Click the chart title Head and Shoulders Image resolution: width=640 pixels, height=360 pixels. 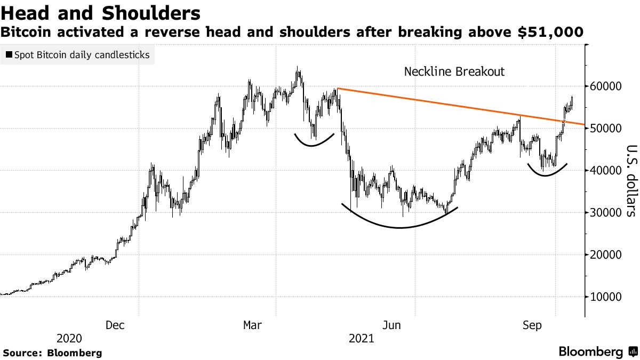coord(101,13)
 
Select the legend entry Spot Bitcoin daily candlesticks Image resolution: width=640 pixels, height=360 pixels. coord(78,54)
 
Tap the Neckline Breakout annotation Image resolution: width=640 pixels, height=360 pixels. coord(454,71)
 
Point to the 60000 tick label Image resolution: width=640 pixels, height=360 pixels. coord(608,86)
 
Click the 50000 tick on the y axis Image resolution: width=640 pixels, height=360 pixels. coord(608,129)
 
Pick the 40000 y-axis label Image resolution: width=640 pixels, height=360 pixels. coord(608,171)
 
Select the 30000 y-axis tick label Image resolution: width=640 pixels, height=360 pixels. coord(608,213)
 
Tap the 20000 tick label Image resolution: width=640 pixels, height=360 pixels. coord(608,255)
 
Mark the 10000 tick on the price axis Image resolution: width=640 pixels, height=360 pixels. coord(608,297)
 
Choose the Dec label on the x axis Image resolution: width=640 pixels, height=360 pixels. coord(116,325)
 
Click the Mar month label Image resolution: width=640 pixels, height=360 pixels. coord(253,325)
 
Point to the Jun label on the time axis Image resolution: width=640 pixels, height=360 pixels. coord(391,325)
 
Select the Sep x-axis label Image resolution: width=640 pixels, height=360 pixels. coord(532,325)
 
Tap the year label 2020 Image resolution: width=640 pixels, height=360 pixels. coord(69,339)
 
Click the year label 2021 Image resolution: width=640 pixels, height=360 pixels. coord(361,339)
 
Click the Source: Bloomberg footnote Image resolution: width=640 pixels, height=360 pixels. coord(52,353)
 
